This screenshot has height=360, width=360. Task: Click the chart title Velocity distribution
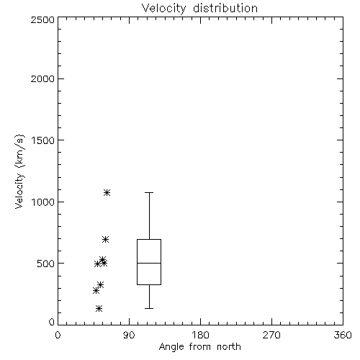point(199,9)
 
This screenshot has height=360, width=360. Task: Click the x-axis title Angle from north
point(199,347)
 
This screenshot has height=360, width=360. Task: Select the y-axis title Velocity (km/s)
point(19,171)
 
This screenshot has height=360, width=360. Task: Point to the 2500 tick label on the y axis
point(42,19)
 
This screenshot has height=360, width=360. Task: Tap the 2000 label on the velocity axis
point(42,78)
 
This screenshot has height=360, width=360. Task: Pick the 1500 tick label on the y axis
point(43,140)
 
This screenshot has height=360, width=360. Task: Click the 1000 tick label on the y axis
point(43,202)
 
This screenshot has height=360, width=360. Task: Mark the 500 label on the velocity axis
point(46,264)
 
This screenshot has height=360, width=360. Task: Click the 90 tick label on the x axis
point(129,335)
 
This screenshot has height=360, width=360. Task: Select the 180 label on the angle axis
point(200,335)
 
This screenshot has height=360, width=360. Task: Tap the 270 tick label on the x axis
point(271,335)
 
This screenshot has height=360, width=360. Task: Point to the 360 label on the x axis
point(343,335)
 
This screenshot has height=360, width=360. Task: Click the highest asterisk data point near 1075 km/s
point(107,192)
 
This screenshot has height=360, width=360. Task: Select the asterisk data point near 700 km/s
point(105,239)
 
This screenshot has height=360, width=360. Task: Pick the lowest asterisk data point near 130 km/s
point(99,308)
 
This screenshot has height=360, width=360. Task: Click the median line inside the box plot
point(149,263)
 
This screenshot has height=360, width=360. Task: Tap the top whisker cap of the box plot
point(149,192)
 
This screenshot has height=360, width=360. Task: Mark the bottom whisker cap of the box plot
point(149,308)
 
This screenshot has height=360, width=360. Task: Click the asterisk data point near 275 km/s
point(96,291)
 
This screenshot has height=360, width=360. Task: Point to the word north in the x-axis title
point(229,347)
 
